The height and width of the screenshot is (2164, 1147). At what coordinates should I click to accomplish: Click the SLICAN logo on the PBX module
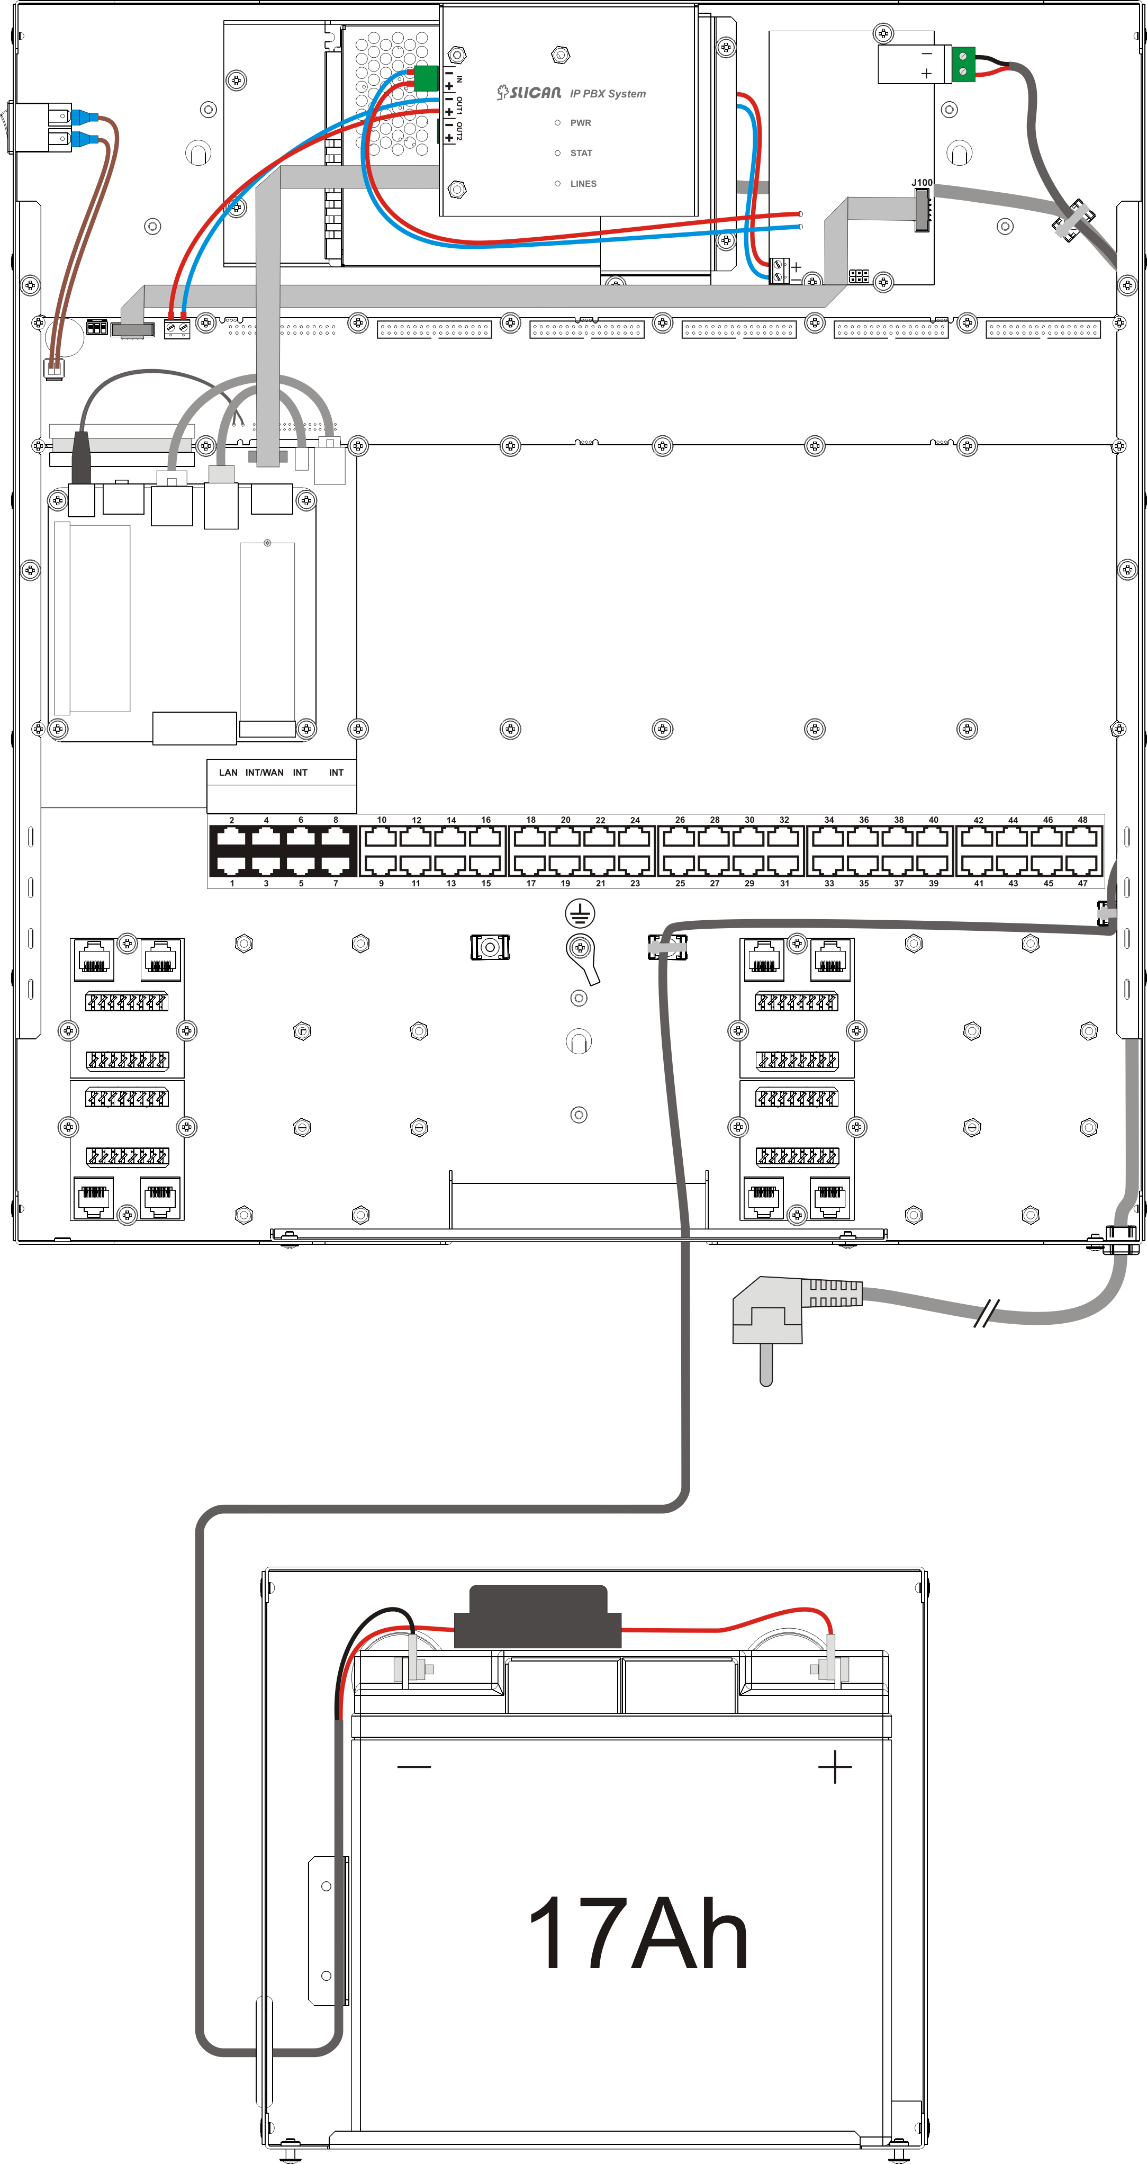click(529, 93)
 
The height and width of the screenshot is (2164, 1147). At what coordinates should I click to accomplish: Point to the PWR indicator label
click(580, 123)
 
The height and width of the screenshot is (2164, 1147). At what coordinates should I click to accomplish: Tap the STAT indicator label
click(581, 154)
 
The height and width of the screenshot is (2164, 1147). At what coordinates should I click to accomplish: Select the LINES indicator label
click(584, 184)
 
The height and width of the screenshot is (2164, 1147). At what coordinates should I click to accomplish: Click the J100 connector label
click(922, 182)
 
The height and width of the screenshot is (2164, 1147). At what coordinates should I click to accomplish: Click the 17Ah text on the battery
click(638, 1934)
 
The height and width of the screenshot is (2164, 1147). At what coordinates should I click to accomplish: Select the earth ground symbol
click(580, 913)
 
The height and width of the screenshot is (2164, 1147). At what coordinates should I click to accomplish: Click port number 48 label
click(1082, 820)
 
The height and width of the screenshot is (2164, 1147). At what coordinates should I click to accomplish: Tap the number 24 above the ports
click(635, 820)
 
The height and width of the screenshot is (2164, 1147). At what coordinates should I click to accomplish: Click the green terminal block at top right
click(964, 65)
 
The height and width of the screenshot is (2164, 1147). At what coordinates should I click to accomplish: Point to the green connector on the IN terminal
click(427, 78)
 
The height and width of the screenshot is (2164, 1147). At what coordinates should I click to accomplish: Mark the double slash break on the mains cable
click(986, 1314)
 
